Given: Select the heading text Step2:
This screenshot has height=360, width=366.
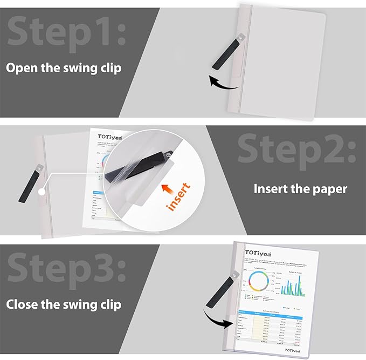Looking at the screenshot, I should (x=296, y=148).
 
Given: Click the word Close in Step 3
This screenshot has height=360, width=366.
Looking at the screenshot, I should (x=22, y=304).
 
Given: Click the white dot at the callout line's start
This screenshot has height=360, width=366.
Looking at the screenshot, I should (x=42, y=192).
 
